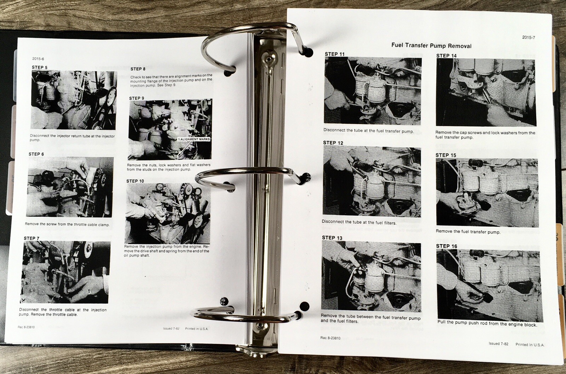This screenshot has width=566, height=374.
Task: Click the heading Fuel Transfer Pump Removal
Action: click(431, 46)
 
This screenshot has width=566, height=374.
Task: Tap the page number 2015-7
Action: click(529, 37)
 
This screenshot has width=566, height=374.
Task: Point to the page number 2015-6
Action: click(38, 59)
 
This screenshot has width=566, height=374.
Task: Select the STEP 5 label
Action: click(39, 68)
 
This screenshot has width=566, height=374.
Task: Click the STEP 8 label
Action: click(138, 69)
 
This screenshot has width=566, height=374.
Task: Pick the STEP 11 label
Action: click(335, 54)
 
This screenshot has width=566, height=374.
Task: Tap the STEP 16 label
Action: click(446, 246)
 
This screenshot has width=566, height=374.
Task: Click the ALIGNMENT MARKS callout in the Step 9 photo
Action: click(194, 139)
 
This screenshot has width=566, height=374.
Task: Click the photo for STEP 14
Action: click(486, 92)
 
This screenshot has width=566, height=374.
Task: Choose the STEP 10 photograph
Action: click(168, 214)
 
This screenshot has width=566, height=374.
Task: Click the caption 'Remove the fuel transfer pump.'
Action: click(468, 232)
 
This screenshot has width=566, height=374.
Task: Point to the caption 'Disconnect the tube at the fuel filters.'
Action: click(359, 222)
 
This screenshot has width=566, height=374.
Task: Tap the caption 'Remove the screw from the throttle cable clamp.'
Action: click(67, 224)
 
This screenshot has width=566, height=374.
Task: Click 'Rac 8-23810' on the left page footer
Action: click(26, 327)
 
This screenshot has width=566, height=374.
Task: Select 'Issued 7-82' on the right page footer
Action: click(498, 344)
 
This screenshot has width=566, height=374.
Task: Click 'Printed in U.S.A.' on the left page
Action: click(197, 329)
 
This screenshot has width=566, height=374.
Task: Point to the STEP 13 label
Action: click(332, 238)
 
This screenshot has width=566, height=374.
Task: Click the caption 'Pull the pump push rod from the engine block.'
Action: click(487, 323)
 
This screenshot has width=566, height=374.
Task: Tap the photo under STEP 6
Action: click(70, 187)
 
